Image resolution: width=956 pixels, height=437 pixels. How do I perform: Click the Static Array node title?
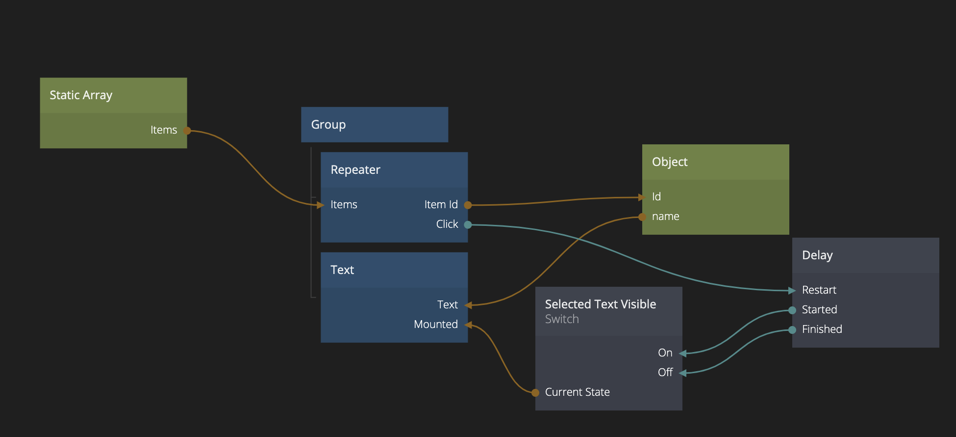pos(81,95)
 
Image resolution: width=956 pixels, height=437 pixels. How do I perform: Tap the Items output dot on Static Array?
pos(187,131)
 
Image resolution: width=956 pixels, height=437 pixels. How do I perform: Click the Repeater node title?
pos(355,170)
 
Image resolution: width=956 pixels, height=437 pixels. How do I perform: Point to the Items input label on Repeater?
pos(344,205)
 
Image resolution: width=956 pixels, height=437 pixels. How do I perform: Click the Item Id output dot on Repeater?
pos(468,205)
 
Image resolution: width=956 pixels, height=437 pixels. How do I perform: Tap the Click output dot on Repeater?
pos(468,225)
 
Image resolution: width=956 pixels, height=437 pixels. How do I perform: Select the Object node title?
pos(670,162)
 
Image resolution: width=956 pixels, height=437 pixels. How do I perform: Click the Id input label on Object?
pos(656,197)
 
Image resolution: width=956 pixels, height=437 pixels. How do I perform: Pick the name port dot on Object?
pos(642,217)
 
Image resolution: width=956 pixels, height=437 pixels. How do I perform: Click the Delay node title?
pos(817,255)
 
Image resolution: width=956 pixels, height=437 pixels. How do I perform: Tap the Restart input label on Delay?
pos(819,290)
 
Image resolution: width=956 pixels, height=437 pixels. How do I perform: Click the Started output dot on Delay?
pos(792,310)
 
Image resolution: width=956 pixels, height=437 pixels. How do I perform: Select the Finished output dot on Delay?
pos(792,330)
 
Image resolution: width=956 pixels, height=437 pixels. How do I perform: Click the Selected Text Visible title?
pos(600,304)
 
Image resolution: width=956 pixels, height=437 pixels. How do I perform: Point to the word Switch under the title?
pos(562,319)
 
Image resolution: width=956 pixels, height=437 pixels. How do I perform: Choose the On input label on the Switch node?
pos(665,353)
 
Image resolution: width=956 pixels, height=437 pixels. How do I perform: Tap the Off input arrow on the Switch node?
pos(682,373)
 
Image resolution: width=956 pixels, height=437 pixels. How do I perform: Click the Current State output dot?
pos(535,392)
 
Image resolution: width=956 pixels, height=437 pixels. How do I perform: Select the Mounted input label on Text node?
pos(435,325)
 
